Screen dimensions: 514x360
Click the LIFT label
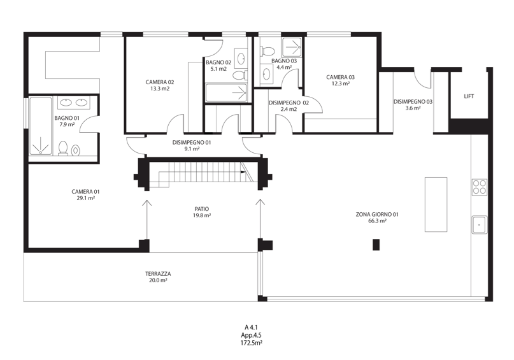click(x=469, y=96)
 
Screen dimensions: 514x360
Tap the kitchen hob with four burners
click(x=479, y=187)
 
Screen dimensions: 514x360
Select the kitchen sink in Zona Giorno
click(x=479, y=225)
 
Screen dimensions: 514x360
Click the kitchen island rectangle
click(x=436, y=205)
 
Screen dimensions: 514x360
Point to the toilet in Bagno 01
click(x=62, y=148)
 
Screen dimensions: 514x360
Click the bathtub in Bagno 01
click(x=41, y=126)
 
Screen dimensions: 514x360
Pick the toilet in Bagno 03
click(x=268, y=52)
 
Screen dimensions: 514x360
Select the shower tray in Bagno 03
click(x=292, y=48)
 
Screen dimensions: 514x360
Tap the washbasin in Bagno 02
click(x=241, y=59)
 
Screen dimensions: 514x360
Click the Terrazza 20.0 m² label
click(x=158, y=277)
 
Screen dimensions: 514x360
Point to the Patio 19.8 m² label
click(x=202, y=212)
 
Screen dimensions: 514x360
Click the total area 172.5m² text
click(x=251, y=343)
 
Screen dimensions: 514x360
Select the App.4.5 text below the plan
click(x=251, y=335)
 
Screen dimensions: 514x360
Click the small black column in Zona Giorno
click(x=376, y=245)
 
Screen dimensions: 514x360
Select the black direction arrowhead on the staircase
click(x=243, y=172)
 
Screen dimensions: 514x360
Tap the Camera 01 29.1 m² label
click(x=85, y=195)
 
